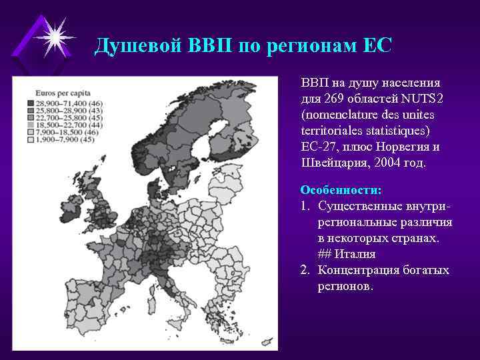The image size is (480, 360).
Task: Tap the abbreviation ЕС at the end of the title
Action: pyautogui.click(x=377, y=45)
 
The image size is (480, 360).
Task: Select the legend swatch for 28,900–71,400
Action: pyautogui.click(x=31, y=103)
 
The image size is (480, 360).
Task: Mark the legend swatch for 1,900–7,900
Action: pyautogui.click(x=31, y=139)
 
